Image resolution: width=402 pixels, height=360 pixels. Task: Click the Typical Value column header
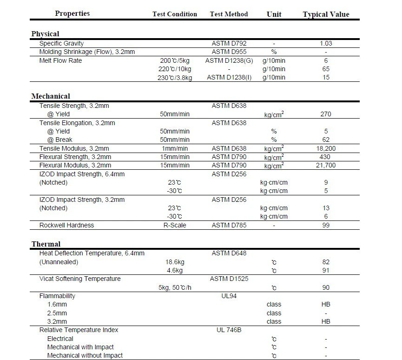pyautogui.click(x=326, y=14)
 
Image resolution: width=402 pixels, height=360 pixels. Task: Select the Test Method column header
pyautogui.click(x=229, y=14)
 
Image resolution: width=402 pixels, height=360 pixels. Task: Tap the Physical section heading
pyautogui.click(x=45, y=33)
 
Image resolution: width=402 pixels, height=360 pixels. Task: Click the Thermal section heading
pyautogui.click(x=46, y=244)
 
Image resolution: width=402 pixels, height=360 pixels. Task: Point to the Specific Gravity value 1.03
pyautogui.click(x=326, y=43)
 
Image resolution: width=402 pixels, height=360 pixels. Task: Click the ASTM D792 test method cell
pyautogui.click(x=229, y=43)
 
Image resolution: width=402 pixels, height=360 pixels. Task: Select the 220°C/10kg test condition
pyautogui.click(x=175, y=69)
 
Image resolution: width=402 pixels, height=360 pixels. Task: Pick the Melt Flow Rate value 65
pyautogui.click(x=326, y=69)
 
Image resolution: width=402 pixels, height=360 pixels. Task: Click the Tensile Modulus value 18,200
pyautogui.click(x=326, y=148)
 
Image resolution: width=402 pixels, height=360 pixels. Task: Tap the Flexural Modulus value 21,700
pyautogui.click(x=326, y=165)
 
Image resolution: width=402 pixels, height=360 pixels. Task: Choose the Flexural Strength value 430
pyautogui.click(x=326, y=157)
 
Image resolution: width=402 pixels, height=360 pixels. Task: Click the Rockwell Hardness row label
pyautogui.click(x=66, y=225)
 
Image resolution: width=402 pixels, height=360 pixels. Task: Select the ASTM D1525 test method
pyautogui.click(x=229, y=279)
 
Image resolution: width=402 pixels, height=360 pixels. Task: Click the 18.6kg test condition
pyautogui.click(x=175, y=262)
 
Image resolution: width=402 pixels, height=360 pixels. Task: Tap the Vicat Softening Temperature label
pyautogui.click(x=80, y=279)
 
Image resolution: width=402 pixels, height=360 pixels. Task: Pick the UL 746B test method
pyautogui.click(x=229, y=330)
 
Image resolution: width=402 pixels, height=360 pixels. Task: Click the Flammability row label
pyautogui.click(x=57, y=296)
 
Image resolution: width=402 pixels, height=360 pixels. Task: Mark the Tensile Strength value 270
pyautogui.click(x=326, y=114)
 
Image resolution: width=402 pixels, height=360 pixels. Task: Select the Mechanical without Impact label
pyautogui.click(x=85, y=355)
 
